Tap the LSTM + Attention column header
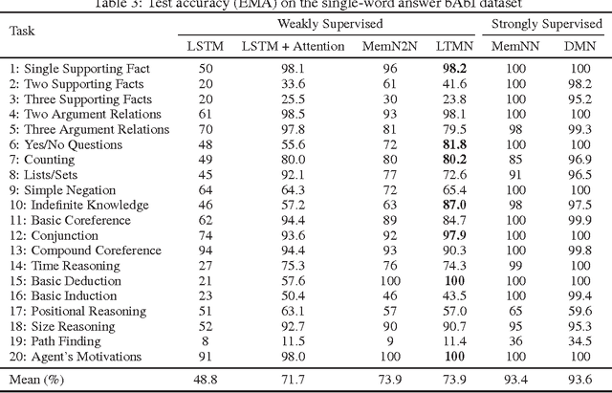tap(281, 45)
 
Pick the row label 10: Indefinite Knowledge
tap(78, 205)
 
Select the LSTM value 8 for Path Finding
tap(205, 340)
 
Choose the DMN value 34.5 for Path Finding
tap(578, 340)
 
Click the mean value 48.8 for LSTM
tap(205, 379)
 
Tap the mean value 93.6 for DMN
tap(578, 379)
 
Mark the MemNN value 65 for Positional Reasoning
tap(515, 311)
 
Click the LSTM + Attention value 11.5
tap(281, 340)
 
